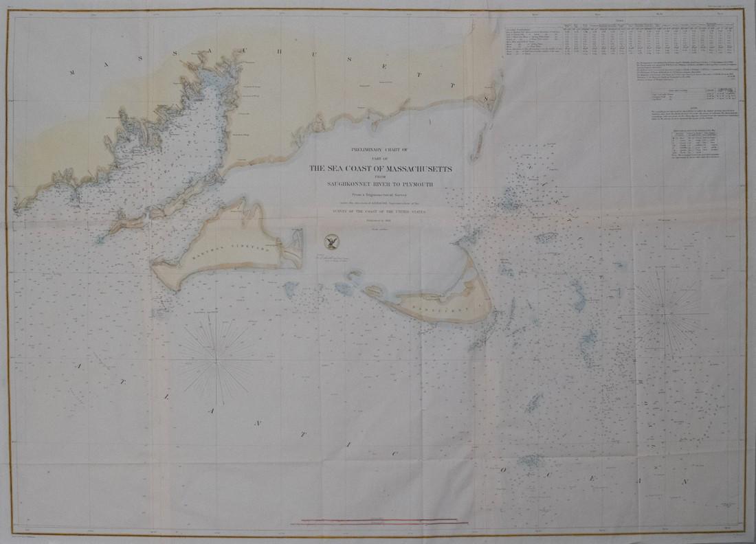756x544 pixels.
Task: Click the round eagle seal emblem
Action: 330,240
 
